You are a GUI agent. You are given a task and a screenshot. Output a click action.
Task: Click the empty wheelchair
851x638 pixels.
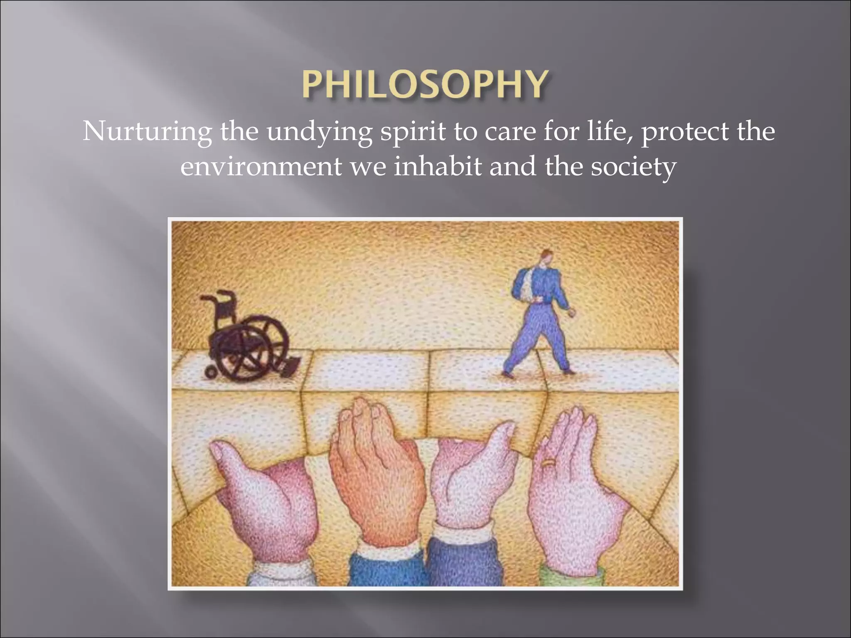pyautogui.click(x=245, y=336)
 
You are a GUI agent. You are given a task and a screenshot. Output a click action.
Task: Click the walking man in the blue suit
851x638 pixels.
pyautogui.click(x=539, y=316)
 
